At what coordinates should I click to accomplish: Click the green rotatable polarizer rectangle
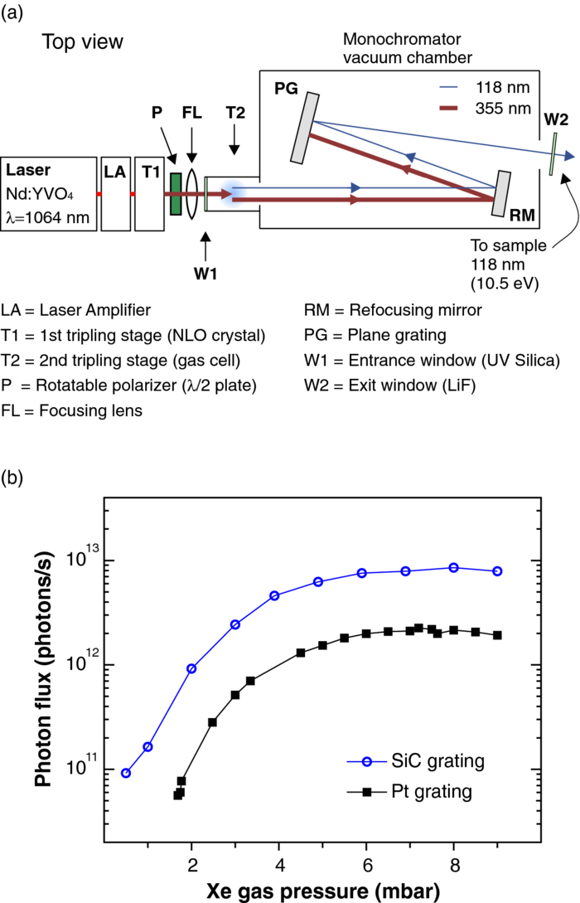175,193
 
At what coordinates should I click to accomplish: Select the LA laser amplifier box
114,193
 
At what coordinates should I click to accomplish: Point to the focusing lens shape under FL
192,193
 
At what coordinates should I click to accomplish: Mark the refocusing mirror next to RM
500,194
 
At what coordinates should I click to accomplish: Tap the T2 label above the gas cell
234,112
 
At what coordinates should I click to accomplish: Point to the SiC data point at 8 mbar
453,567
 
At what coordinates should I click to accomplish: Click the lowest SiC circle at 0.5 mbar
126,773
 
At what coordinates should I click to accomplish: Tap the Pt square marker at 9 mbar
497,635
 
